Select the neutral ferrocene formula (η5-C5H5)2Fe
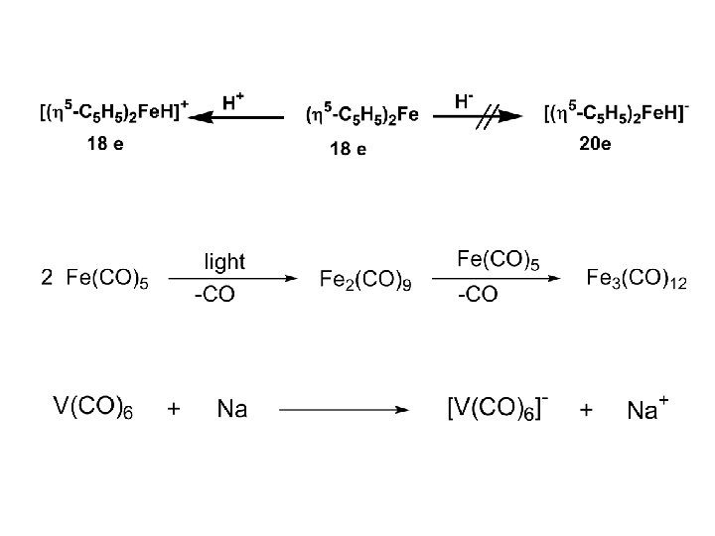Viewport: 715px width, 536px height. coord(362,115)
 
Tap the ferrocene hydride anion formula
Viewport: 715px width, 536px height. coord(617,114)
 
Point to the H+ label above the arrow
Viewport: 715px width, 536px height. coord(234,100)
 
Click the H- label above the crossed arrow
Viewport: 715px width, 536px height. coord(464,100)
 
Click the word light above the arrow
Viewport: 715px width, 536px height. coord(223,262)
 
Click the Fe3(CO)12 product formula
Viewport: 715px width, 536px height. coord(636,279)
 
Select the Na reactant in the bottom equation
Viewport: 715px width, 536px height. coord(231,409)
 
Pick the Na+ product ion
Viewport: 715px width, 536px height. coord(646,408)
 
